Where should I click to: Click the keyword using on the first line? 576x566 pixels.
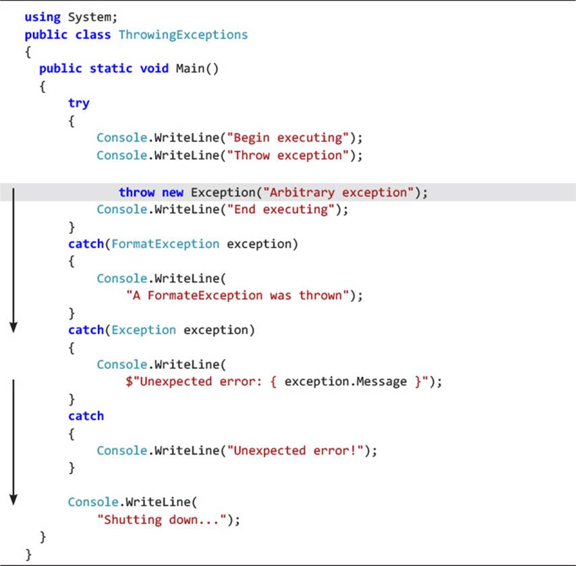[x=42, y=18]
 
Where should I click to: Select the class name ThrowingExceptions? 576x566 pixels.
[x=183, y=35]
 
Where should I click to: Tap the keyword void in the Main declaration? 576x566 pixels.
[x=154, y=69]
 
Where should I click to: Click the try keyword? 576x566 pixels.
[x=79, y=103]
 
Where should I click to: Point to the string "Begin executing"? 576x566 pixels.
[x=287, y=138]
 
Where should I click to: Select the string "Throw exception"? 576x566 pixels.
[x=287, y=155]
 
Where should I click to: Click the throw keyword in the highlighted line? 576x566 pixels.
[x=137, y=192]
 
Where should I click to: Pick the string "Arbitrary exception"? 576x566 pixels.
[x=339, y=192]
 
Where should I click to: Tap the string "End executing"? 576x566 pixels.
[x=281, y=210]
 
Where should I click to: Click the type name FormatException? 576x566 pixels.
[x=165, y=244]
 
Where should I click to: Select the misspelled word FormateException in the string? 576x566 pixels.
[x=205, y=295]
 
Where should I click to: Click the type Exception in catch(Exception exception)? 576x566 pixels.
[x=144, y=330]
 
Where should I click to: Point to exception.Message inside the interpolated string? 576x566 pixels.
[x=345, y=382]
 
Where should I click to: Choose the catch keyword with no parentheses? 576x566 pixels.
[x=86, y=416]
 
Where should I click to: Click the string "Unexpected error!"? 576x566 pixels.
[x=295, y=451]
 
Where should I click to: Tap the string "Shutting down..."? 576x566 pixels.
[x=162, y=519]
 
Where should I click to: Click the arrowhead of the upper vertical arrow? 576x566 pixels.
[x=13, y=327]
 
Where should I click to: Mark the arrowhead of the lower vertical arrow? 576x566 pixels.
[x=13, y=500]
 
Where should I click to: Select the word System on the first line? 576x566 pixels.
[x=90, y=18]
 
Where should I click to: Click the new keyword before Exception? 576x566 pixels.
[x=172, y=192]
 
